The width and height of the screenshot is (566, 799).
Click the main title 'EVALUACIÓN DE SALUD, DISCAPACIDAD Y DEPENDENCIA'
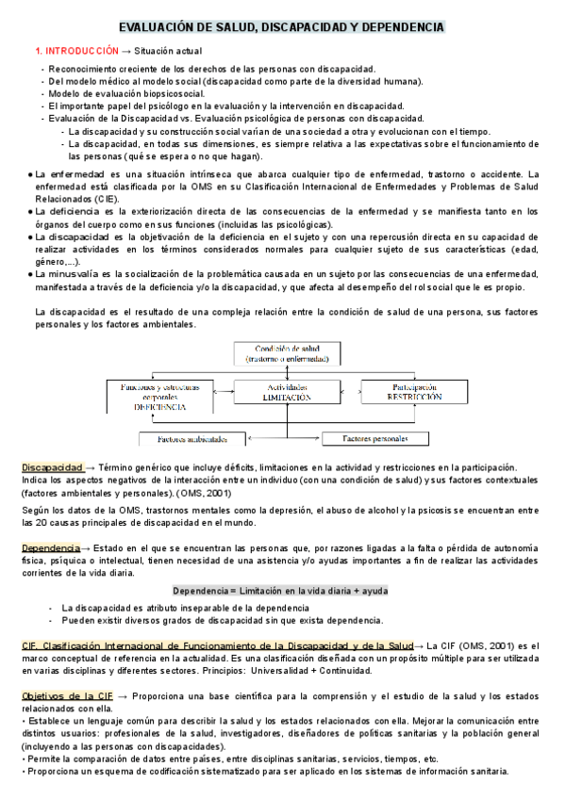(283, 28)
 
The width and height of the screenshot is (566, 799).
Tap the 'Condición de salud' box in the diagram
(285, 352)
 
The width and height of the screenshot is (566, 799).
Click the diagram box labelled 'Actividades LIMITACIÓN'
(287, 392)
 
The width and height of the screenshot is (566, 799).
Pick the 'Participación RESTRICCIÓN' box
(413, 392)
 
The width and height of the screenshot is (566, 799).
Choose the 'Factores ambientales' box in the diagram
(193, 439)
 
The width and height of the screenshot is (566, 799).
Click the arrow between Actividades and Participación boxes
(350, 387)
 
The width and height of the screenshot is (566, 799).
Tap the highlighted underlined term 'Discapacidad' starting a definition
(52, 467)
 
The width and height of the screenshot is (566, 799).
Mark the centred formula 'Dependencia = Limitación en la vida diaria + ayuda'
(281, 591)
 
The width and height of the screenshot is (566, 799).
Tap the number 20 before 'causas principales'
(54, 522)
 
